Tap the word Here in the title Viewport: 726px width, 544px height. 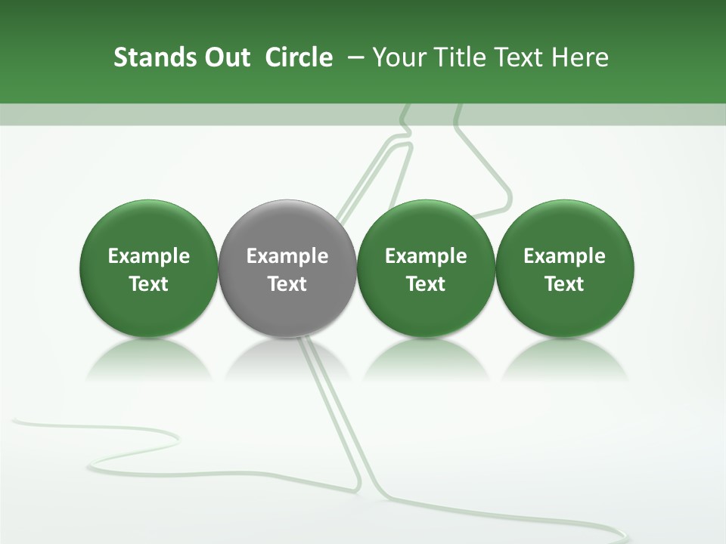(580, 57)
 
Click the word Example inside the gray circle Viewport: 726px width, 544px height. (287, 256)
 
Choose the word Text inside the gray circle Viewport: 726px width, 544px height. (287, 284)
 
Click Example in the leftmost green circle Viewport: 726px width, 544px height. (149, 256)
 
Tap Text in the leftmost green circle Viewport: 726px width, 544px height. (149, 284)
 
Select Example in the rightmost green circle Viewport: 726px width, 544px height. (564, 256)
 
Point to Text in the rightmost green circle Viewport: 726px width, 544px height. (564, 284)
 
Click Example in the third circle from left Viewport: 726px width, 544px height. (426, 256)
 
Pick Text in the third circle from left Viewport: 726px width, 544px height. (426, 284)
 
